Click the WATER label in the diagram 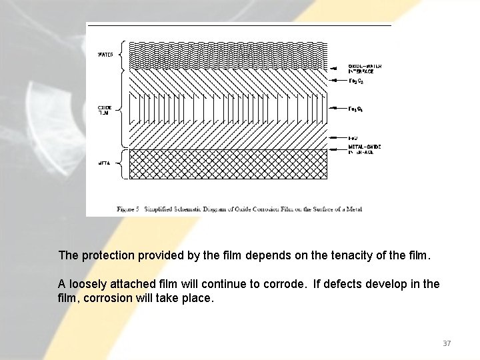coord(105,55)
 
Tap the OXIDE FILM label coord(105,110)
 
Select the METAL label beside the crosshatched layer coord(105,162)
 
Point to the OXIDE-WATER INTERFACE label coord(365,69)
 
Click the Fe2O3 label coord(357,81)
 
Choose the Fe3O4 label coord(357,108)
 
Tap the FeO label coord(354,137)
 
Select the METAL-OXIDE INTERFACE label coord(364,149)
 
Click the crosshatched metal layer coord(227,164)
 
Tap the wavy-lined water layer coord(227,56)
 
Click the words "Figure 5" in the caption coord(128,209)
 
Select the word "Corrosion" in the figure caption coord(266,209)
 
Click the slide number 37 coord(447,343)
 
